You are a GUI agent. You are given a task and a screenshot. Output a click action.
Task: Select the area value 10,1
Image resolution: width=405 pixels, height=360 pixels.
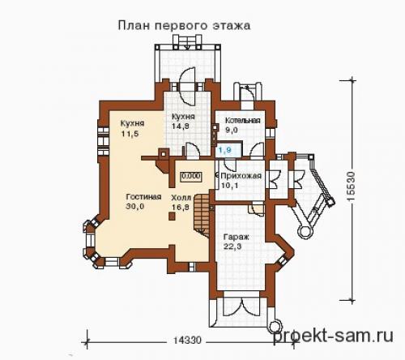coord(229,185)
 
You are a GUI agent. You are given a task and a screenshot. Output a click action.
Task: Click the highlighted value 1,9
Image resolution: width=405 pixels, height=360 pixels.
coord(226,151)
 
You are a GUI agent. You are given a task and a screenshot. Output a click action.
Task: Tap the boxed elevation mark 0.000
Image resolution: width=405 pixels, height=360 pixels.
coord(191,174)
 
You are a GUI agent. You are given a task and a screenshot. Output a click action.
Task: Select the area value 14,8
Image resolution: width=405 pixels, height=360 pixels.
coord(180,126)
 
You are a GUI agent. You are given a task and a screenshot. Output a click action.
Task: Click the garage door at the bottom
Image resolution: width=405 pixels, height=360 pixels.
coord(242,309)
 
